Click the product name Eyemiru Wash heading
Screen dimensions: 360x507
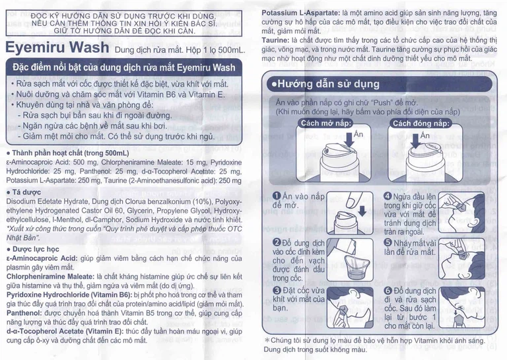58,48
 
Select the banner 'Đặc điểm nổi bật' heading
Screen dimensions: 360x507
124,67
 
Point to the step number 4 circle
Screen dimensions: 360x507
388,196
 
